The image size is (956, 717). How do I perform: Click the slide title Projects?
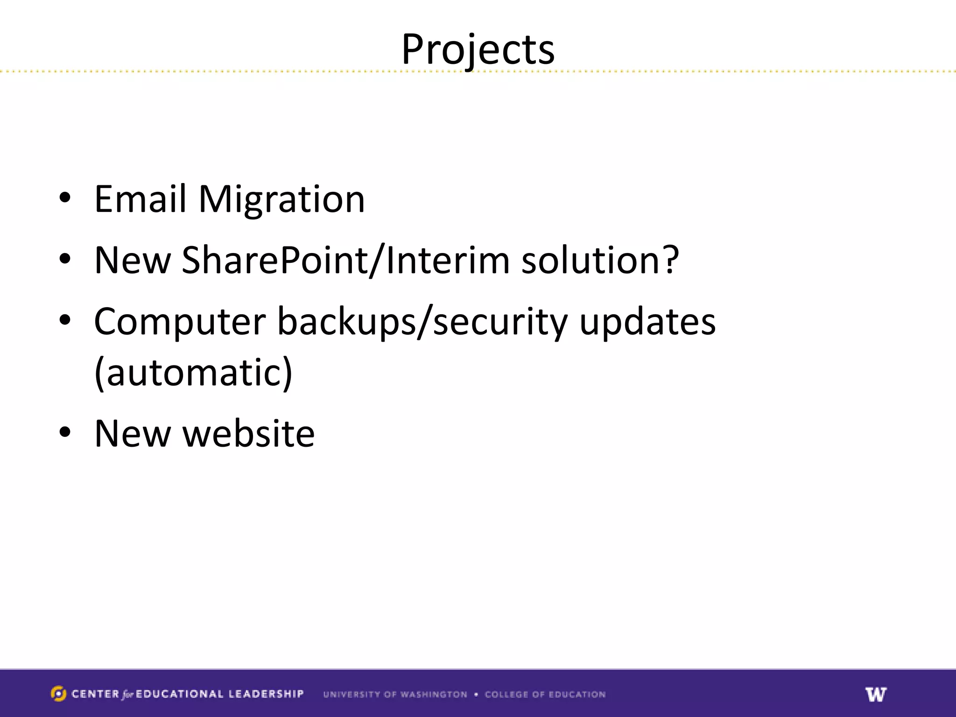[x=478, y=49]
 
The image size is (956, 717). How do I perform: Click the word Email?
[x=140, y=199]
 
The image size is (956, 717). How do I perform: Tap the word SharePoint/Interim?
[x=345, y=260]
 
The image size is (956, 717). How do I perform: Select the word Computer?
[x=180, y=322]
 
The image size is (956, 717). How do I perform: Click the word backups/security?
[x=422, y=322]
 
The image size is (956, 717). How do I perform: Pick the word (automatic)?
[x=193, y=373]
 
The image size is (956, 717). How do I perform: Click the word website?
[x=248, y=434]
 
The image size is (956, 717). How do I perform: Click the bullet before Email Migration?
[x=65, y=198]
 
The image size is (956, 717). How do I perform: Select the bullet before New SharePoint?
[x=65, y=259]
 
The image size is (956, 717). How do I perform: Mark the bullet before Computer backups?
[x=65, y=320]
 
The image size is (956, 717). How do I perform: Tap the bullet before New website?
[x=65, y=432]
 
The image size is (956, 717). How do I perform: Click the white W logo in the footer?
[x=876, y=694]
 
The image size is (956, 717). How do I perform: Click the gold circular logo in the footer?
[x=58, y=694]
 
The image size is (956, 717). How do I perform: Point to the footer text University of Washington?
[x=395, y=695]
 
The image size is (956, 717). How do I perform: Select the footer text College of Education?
[x=545, y=695]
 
